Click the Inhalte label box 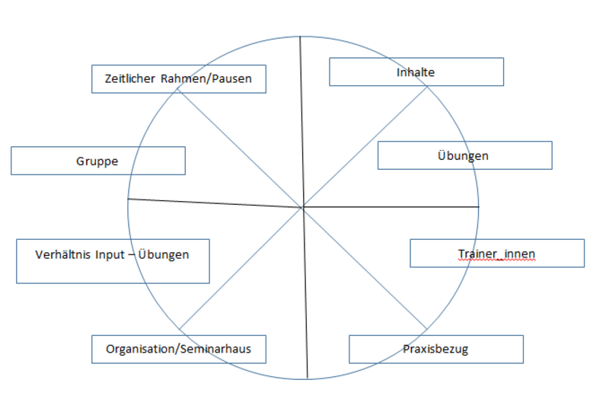pos(416,72)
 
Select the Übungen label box pos(464,155)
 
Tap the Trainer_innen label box pos(497,253)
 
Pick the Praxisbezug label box pos(435,350)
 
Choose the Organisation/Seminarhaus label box pos(178,350)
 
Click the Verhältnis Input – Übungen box pos(112,261)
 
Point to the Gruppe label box pos(97,161)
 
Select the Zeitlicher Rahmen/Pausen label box pos(178,78)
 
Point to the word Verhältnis pos(61,254)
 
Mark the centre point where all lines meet pos(302,206)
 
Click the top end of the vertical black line pos(301,36)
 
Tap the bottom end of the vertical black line pos(308,378)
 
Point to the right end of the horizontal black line pos(479,206)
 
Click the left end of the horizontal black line pos(129,199)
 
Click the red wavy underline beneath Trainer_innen pos(496,260)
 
